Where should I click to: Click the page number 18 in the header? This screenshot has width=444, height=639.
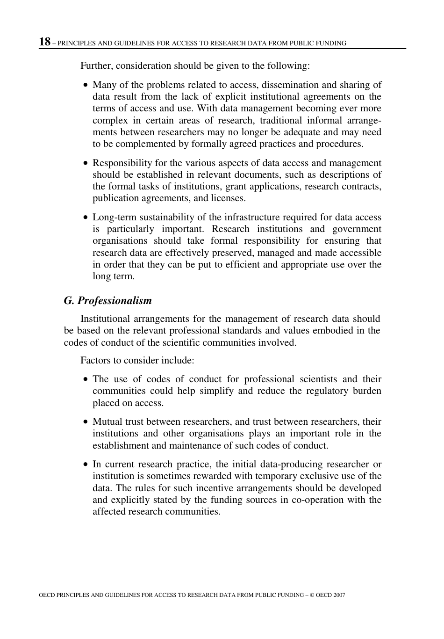click(44, 42)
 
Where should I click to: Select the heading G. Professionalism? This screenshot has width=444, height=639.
click(108, 300)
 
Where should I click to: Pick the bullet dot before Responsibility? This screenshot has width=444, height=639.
click(85, 163)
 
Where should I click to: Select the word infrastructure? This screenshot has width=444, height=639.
click(238, 217)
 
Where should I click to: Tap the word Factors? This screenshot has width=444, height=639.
click(96, 360)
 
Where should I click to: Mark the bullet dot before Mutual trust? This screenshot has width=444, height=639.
click(85, 422)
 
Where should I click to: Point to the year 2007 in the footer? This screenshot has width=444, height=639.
click(339, 595)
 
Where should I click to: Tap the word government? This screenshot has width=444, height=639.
click(357, 229)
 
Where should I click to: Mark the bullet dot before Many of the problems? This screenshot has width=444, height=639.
click(85, 85)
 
